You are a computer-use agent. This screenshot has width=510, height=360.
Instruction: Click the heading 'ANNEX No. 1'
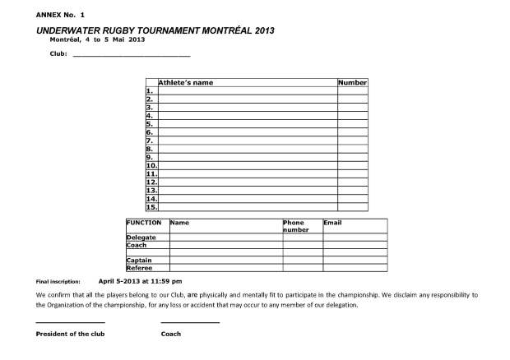[60, 15]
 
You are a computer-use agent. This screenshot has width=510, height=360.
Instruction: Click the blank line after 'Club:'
[132, 55]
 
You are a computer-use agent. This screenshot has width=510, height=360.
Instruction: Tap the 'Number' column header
[352, 82]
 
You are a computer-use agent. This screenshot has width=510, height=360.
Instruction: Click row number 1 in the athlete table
[150, 91]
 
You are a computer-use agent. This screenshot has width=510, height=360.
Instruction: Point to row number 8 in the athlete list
[150, 149]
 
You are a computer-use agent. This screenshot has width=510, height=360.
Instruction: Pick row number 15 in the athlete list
[151, 207]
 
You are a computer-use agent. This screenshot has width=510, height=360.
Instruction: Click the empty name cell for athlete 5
[247, 124]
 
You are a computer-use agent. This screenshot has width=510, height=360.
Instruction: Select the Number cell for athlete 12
[352, 182]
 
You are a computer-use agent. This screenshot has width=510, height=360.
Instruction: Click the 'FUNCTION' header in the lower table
[143, 223]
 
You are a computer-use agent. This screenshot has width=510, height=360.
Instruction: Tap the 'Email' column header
[332, 223]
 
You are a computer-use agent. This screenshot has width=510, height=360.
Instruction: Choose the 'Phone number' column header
[296, 226]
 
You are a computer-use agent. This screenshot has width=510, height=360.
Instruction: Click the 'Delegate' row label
[141, 238]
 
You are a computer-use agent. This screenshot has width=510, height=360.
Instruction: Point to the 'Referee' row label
[139, 268]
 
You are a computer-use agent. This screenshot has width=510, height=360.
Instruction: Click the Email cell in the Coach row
[355, 245]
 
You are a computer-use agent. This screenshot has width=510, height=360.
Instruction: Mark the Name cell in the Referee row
[225, 268]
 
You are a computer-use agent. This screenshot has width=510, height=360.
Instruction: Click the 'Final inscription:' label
[58, 282]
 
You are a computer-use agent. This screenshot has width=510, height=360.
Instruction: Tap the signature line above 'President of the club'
[70, 321]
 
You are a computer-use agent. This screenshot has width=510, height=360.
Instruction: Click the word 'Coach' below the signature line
[171, 335]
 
